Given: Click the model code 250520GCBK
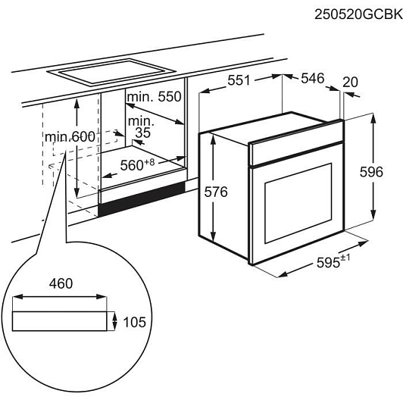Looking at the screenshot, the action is (358, 14).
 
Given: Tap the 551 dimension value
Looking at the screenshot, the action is (239, 80).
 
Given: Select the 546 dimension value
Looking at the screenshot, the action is (313, 78).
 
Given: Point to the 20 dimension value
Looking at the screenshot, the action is (350, 83).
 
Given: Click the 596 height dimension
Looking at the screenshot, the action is (371, 172).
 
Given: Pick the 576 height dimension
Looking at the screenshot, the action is (216, 192).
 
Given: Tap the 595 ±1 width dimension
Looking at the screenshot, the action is (333, 261).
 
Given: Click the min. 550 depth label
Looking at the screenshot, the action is (155, 97).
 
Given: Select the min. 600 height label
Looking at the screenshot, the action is (70, 136).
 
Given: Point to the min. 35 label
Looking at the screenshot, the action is (141, 127).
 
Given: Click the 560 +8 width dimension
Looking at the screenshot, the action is (138, 164).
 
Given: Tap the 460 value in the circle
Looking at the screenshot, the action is (61, 283).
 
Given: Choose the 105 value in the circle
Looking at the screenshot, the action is (134, 322).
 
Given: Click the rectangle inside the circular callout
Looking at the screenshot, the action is (59, 321).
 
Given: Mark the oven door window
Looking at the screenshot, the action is (298, 203).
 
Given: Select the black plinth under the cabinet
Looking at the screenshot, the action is (142, 198).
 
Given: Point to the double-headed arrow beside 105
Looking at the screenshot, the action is (114, 321).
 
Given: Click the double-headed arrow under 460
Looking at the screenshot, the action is (59, 297).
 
